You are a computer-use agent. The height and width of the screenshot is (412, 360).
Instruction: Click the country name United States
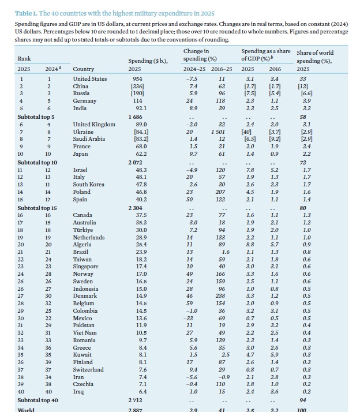point(90,78)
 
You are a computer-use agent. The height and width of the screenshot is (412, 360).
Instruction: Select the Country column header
point(83,69)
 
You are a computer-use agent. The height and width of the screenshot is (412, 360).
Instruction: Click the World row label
point(26,409)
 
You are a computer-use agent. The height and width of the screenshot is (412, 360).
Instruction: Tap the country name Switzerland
point(88,370)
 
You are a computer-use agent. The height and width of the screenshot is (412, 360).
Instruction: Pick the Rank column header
point(24,58)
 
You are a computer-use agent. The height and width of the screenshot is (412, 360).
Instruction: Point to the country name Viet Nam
point(86,333)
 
